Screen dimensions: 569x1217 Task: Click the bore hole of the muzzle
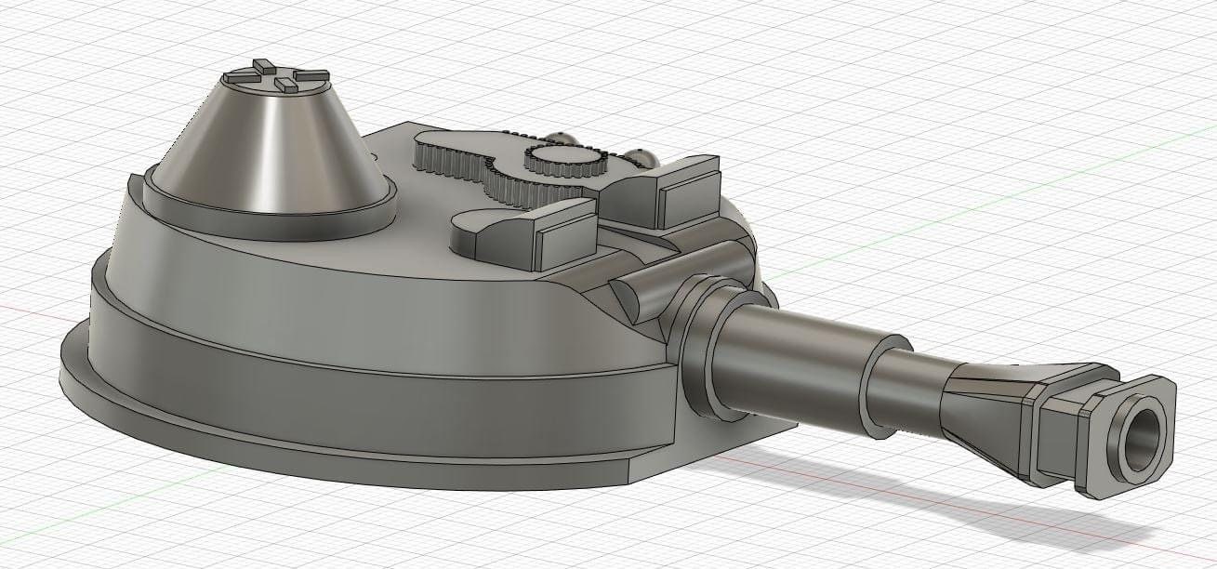click(x=1142, y=440)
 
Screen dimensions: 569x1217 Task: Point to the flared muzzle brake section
click(x=986, y=409)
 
